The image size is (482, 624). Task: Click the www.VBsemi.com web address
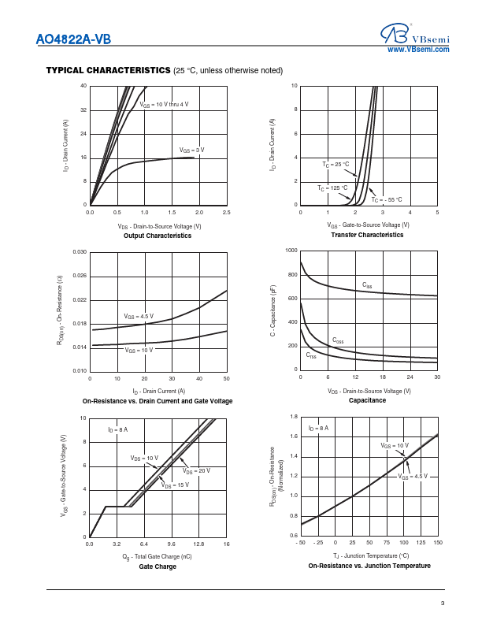[x=418, y=50]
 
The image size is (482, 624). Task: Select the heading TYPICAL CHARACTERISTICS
[x=108, y=70]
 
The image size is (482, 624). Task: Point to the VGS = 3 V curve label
[x=191, y=150]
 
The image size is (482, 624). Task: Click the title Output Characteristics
[x=158, y=236]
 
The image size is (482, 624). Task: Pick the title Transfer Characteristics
[x=368, y=236]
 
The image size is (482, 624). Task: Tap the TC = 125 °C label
[x=332, y=188]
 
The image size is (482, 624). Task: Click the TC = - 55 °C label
[x=387, y=199]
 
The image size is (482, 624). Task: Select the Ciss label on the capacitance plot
[x=367, y=284]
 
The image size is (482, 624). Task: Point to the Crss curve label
[x=311, y=356]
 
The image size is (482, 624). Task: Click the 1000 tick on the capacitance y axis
[x=291, y=251]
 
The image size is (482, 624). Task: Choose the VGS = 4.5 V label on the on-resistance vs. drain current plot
[x=139, y=316]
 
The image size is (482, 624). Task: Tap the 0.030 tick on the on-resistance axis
[x=79, y=251]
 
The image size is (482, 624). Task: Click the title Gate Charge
[x=158, y=566]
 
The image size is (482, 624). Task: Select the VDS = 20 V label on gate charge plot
[x=196, y=470]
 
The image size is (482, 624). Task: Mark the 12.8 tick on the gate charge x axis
[x=198, y=544]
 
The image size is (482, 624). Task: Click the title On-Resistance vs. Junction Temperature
[x=369, y=566]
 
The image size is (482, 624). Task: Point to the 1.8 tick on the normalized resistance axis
[x=293, y=416]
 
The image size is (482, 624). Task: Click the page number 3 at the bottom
[x=443, y=604]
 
